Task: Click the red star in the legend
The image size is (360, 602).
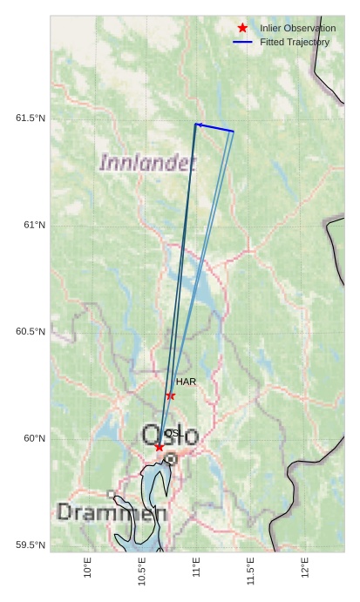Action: point(242,29)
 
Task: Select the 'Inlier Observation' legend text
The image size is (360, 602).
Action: point(297,29)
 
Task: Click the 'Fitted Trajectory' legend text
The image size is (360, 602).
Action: point(295,42)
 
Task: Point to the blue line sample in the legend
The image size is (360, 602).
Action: point(242,42)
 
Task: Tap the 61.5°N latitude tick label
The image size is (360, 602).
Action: point(31,118)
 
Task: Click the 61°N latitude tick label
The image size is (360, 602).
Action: point(34,226)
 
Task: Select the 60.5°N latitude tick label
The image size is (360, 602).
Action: point(31,332)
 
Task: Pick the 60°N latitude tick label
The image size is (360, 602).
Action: point(34,438)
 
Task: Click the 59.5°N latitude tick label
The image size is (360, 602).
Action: point(31,545)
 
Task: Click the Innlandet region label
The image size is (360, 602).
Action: point(147,162)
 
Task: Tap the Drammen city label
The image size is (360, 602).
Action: point(112,512)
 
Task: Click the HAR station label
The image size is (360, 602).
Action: point(186,382)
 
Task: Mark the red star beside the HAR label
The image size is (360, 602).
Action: point(171,396)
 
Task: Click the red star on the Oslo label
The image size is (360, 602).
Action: point(159,447)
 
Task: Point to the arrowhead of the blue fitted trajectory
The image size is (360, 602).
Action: point(199,125)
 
